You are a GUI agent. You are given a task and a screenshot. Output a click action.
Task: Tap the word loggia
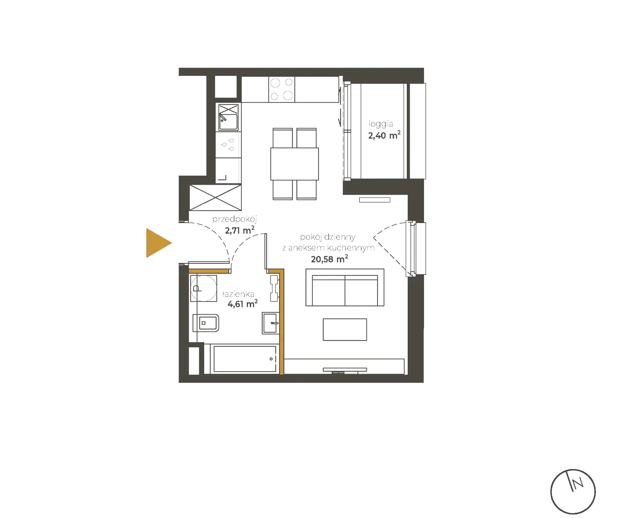381,124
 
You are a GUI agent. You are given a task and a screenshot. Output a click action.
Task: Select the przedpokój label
234,220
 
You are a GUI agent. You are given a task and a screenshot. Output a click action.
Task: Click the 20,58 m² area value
329,259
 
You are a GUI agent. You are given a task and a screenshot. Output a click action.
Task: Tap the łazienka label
238,294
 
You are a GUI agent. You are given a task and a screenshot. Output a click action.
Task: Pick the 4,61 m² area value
239,304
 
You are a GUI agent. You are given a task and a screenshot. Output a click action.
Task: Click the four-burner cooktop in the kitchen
282,89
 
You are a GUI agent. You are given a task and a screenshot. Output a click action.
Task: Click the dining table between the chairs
294,163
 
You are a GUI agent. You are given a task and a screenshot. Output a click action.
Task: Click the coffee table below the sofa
345,330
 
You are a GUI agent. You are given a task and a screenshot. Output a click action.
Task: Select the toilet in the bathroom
206,324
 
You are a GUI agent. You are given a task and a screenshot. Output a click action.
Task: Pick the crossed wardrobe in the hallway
215,198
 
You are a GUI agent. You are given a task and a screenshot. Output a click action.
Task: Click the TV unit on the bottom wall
345,370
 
